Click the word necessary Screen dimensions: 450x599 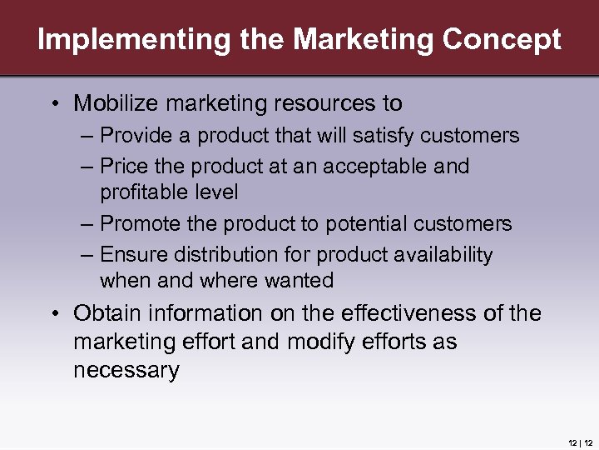(126, 370)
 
